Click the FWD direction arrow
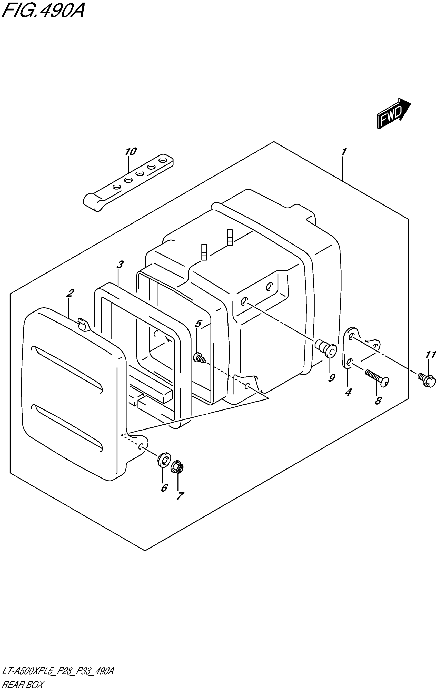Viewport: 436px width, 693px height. point(393,113)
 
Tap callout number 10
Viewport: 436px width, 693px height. point(131,152)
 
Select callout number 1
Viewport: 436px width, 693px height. point(344,151)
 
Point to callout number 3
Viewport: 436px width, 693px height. point(120,265)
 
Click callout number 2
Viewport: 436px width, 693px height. point(70,293)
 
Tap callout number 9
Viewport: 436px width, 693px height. point(332,378)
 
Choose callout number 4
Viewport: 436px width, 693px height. point(348,392)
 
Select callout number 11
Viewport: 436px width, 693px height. point(431,355)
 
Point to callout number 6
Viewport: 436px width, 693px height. point(164,487)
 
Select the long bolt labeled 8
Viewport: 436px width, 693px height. point(377,377)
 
